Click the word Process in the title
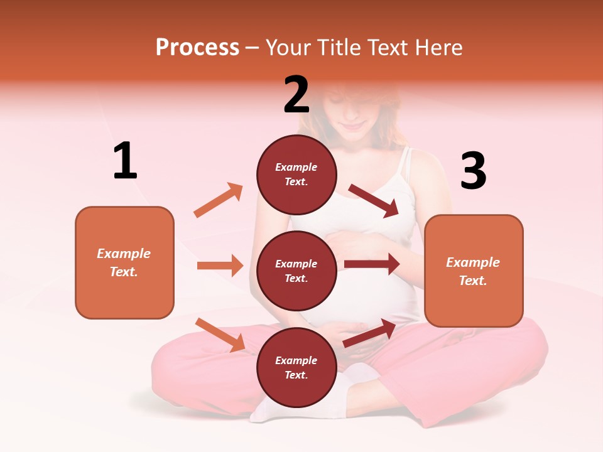(197, 48)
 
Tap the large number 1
(125, 161)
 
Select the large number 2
(296, 95)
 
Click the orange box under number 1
(124, 262)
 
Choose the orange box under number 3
(474, 271)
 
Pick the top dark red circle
(296, 174)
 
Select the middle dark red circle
(296, 271)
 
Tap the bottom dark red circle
(296, 367)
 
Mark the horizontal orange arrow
(220, 266)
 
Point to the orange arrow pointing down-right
(220, 335)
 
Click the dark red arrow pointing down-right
(374, 201)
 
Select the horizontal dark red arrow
(372, 264)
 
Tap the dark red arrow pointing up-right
(370, 333)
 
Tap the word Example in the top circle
(296, 168)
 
